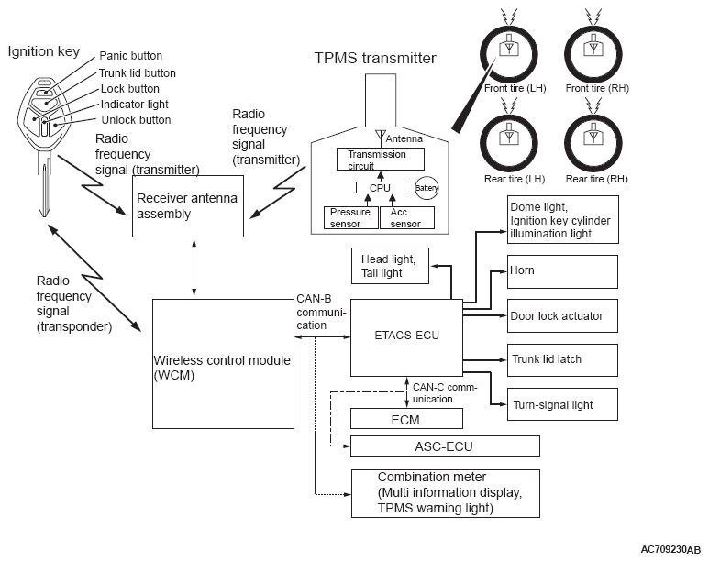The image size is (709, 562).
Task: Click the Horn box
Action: coord(562,271)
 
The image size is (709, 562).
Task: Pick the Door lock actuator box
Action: coord(562,315)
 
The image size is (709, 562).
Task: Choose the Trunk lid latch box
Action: coord(562,359)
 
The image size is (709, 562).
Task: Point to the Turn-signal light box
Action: coord(562,404)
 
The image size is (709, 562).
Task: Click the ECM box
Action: coord(406,419)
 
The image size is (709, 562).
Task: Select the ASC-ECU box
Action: coord(445,446)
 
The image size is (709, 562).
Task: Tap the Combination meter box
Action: coord(445,493)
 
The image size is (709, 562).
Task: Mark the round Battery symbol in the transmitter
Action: coord(427,186)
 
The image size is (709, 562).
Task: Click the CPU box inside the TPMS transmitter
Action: coord(373,187)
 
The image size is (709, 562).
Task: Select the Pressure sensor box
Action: coord(349,217)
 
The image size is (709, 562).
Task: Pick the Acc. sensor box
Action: coord(406,217)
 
